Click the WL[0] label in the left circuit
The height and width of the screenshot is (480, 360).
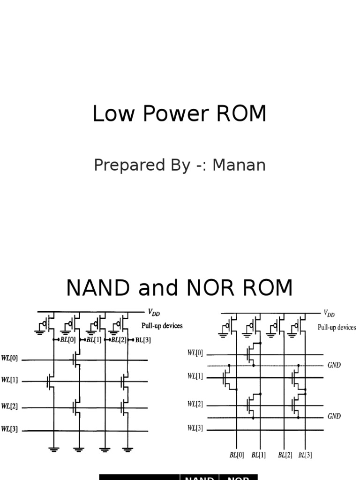point(10,359)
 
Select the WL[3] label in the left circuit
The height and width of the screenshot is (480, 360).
point(10,429)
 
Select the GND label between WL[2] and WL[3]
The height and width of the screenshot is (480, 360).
point(334,416)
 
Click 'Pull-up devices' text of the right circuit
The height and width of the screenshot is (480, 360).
point(337,328)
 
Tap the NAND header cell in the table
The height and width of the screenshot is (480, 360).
point(199,477)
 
